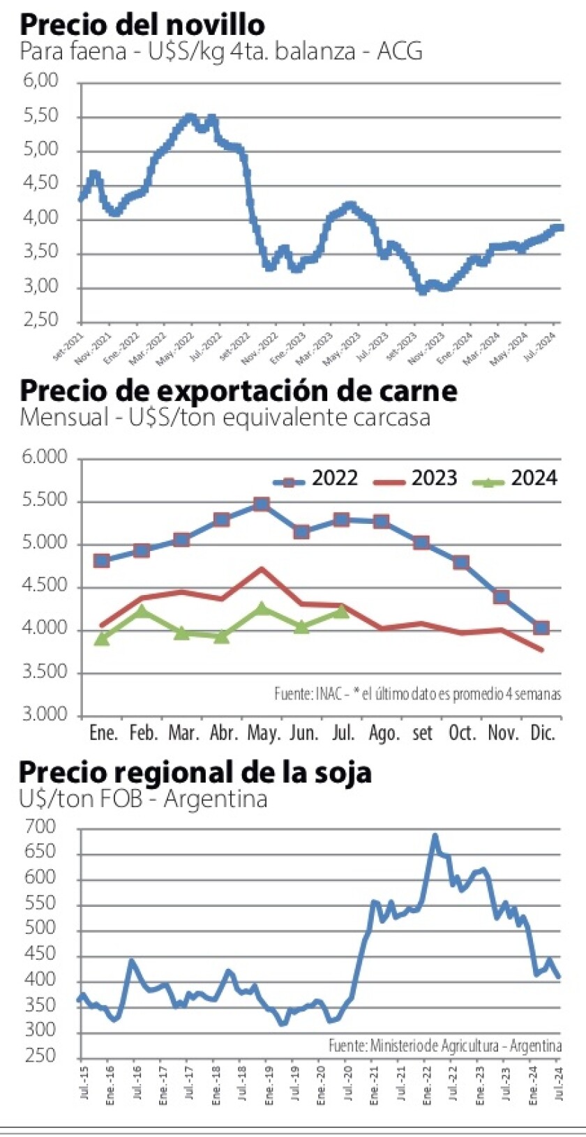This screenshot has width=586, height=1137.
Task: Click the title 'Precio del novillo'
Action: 142,24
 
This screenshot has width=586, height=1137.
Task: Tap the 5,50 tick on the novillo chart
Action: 41,116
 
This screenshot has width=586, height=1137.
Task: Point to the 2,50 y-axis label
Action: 41,320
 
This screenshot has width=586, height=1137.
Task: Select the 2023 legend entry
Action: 416,479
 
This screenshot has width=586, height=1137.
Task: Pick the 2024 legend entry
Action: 515,479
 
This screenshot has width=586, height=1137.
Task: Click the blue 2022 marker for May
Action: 262,504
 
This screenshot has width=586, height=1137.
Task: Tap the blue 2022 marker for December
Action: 541,628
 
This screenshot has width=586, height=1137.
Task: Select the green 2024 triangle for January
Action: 102,638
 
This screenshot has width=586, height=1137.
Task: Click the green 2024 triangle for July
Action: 341,611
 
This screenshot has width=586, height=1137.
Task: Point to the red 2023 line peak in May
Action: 262,568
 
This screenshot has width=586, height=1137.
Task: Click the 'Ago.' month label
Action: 384,733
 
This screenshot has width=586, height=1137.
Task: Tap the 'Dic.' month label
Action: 542,733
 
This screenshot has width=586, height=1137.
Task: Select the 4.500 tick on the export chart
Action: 45,586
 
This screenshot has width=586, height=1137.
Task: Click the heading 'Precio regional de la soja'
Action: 195,772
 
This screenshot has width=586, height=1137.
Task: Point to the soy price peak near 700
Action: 435,835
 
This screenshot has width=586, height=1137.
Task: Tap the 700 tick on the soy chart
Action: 40,827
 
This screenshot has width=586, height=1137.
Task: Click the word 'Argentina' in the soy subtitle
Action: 216,799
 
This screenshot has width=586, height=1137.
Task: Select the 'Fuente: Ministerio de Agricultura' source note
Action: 445,1046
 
